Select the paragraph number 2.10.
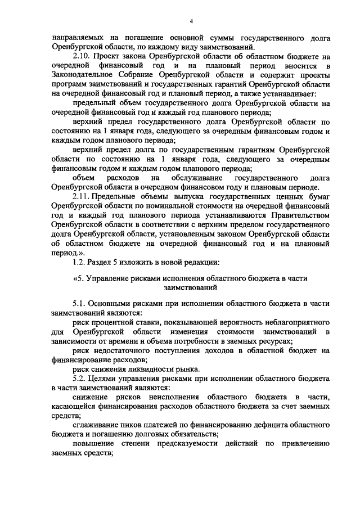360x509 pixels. (83, 57)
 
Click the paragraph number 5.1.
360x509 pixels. (80, 304)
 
